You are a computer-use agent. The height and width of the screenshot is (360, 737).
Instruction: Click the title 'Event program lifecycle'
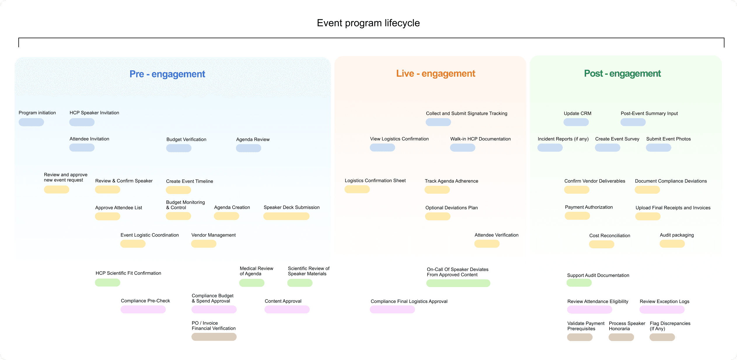368,23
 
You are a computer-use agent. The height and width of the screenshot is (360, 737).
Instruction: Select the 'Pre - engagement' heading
167,74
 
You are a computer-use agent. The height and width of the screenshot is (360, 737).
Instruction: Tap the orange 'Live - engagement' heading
436,74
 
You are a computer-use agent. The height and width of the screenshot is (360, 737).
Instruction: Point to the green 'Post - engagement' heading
622,74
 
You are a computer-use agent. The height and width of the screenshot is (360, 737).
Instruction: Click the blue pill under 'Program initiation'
31,122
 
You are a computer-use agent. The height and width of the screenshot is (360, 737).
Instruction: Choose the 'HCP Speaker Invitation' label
94,113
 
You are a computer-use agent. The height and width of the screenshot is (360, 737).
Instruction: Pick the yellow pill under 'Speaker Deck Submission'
286,216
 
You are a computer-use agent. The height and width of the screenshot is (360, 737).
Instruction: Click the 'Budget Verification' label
186,139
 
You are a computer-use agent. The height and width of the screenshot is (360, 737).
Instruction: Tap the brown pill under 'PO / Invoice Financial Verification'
214,337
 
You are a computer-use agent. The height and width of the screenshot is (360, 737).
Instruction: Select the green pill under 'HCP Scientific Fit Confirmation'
107,282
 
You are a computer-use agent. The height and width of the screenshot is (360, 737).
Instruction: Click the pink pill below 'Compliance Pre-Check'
143,310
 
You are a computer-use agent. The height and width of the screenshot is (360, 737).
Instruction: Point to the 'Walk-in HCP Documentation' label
480,139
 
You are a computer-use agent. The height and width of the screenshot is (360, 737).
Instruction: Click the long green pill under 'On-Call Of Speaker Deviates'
458,283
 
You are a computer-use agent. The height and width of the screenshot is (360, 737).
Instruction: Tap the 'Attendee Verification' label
496,235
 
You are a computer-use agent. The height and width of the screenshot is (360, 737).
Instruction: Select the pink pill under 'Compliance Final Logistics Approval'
392,310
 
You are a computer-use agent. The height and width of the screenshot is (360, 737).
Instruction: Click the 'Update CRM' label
577,113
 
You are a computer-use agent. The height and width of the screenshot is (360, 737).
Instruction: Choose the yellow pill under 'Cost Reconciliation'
602,244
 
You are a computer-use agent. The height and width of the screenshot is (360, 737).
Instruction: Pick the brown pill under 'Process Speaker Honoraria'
621,337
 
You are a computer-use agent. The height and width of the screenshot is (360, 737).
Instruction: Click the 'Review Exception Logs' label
664,301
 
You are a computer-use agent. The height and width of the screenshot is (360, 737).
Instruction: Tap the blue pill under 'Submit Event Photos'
659,148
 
